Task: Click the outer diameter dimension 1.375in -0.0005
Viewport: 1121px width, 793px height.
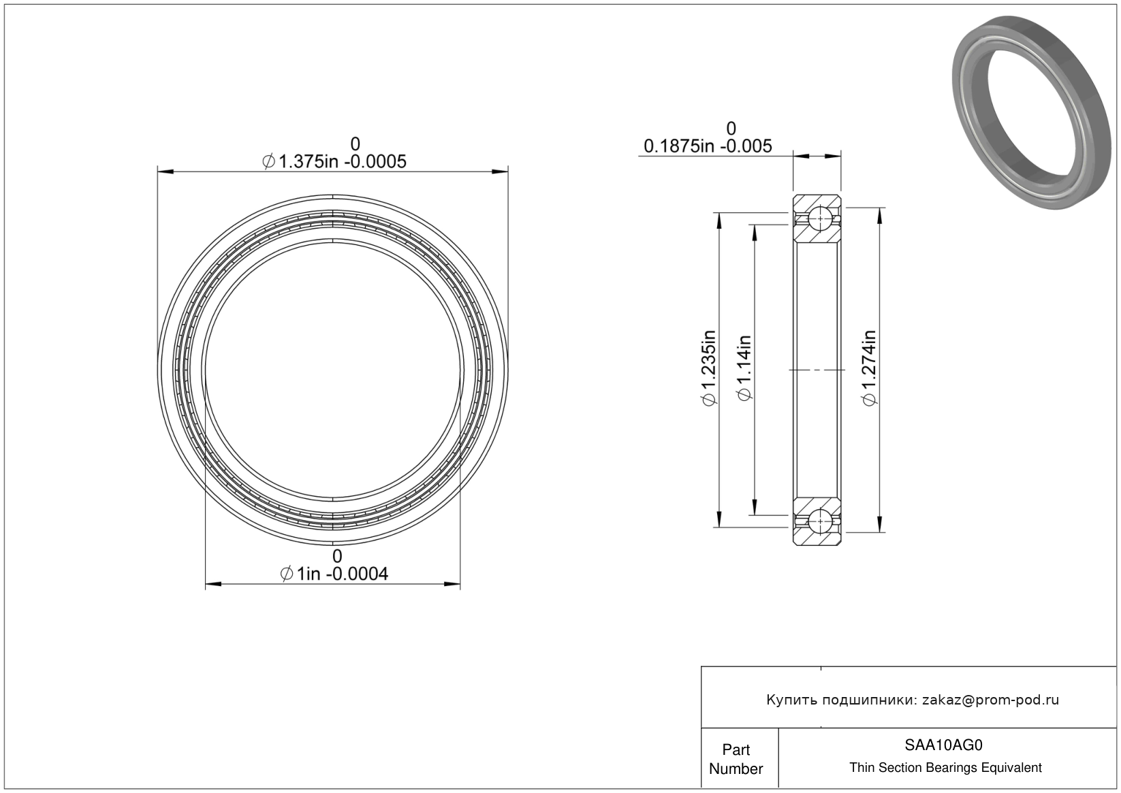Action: (x=334, y=161)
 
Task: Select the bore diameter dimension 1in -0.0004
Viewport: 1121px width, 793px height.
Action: (x=334, y=573)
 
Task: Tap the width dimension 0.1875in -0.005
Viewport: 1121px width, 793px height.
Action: (x=708, y=146)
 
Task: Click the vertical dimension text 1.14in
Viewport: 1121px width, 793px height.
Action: (x=744, y=368)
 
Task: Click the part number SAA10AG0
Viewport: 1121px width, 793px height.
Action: (x=943, y=745)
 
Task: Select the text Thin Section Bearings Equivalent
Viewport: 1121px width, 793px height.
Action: (x=945, y=768)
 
